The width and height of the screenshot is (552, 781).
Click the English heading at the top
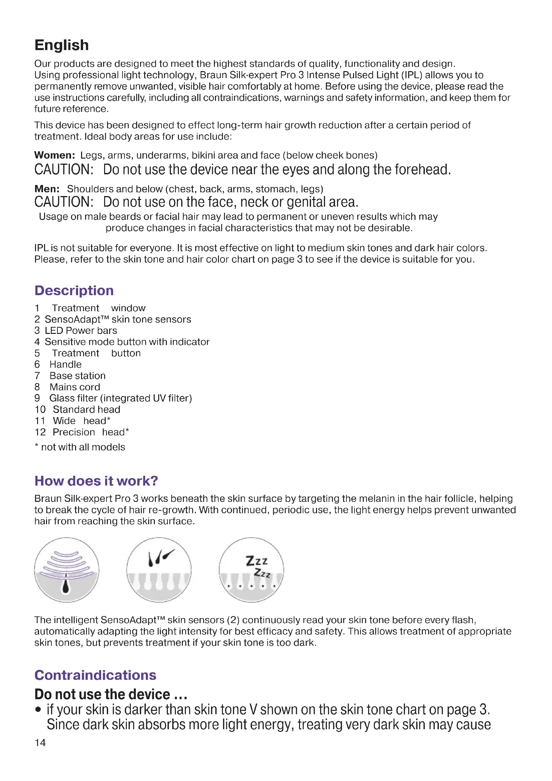coord(61,45)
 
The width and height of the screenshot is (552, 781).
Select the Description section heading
coord(74,290)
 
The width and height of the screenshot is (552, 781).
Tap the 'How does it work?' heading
coord(96,480)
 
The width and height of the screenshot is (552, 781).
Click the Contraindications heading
coord(95,675)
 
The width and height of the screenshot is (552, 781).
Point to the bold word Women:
coord(54,155)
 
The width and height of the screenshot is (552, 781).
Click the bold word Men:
coord(47,189)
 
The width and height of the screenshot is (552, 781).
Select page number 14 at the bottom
coord(40,742)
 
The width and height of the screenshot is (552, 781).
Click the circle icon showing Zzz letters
coord(251,570)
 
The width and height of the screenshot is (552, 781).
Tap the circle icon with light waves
coord(67,570)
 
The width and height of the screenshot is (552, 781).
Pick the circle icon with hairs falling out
coord(159,570)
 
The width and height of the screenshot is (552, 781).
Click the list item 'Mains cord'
coord(75,387)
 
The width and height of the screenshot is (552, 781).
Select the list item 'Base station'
coord(77,376)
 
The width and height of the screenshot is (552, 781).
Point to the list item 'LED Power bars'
coord(81,330)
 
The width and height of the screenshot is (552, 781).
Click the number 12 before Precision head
coord(40,432)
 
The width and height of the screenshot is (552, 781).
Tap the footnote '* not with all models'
coord(80,447)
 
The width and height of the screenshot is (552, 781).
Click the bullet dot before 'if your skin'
coord(38,710)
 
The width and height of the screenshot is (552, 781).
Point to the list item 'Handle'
coord(66,364)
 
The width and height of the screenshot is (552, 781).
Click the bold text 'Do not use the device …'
coord(111,694)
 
